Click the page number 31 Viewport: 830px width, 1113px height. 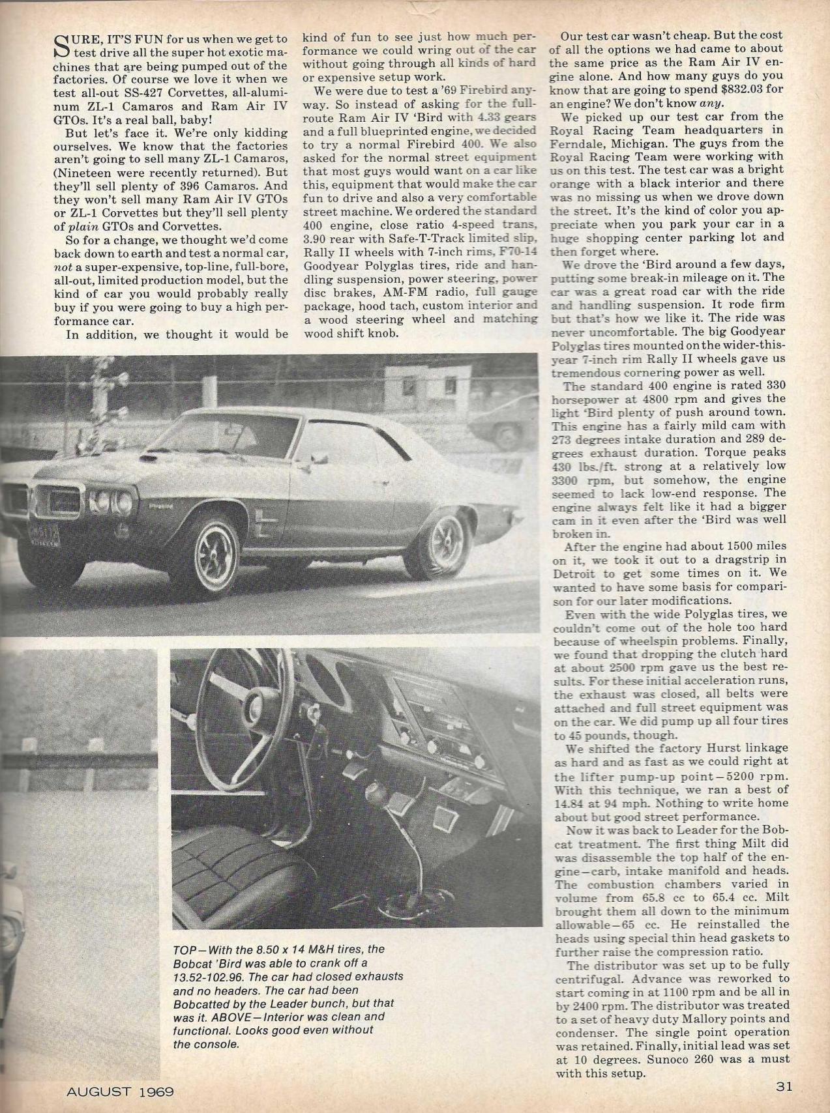pyautogui.click(x=784, y=1086)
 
